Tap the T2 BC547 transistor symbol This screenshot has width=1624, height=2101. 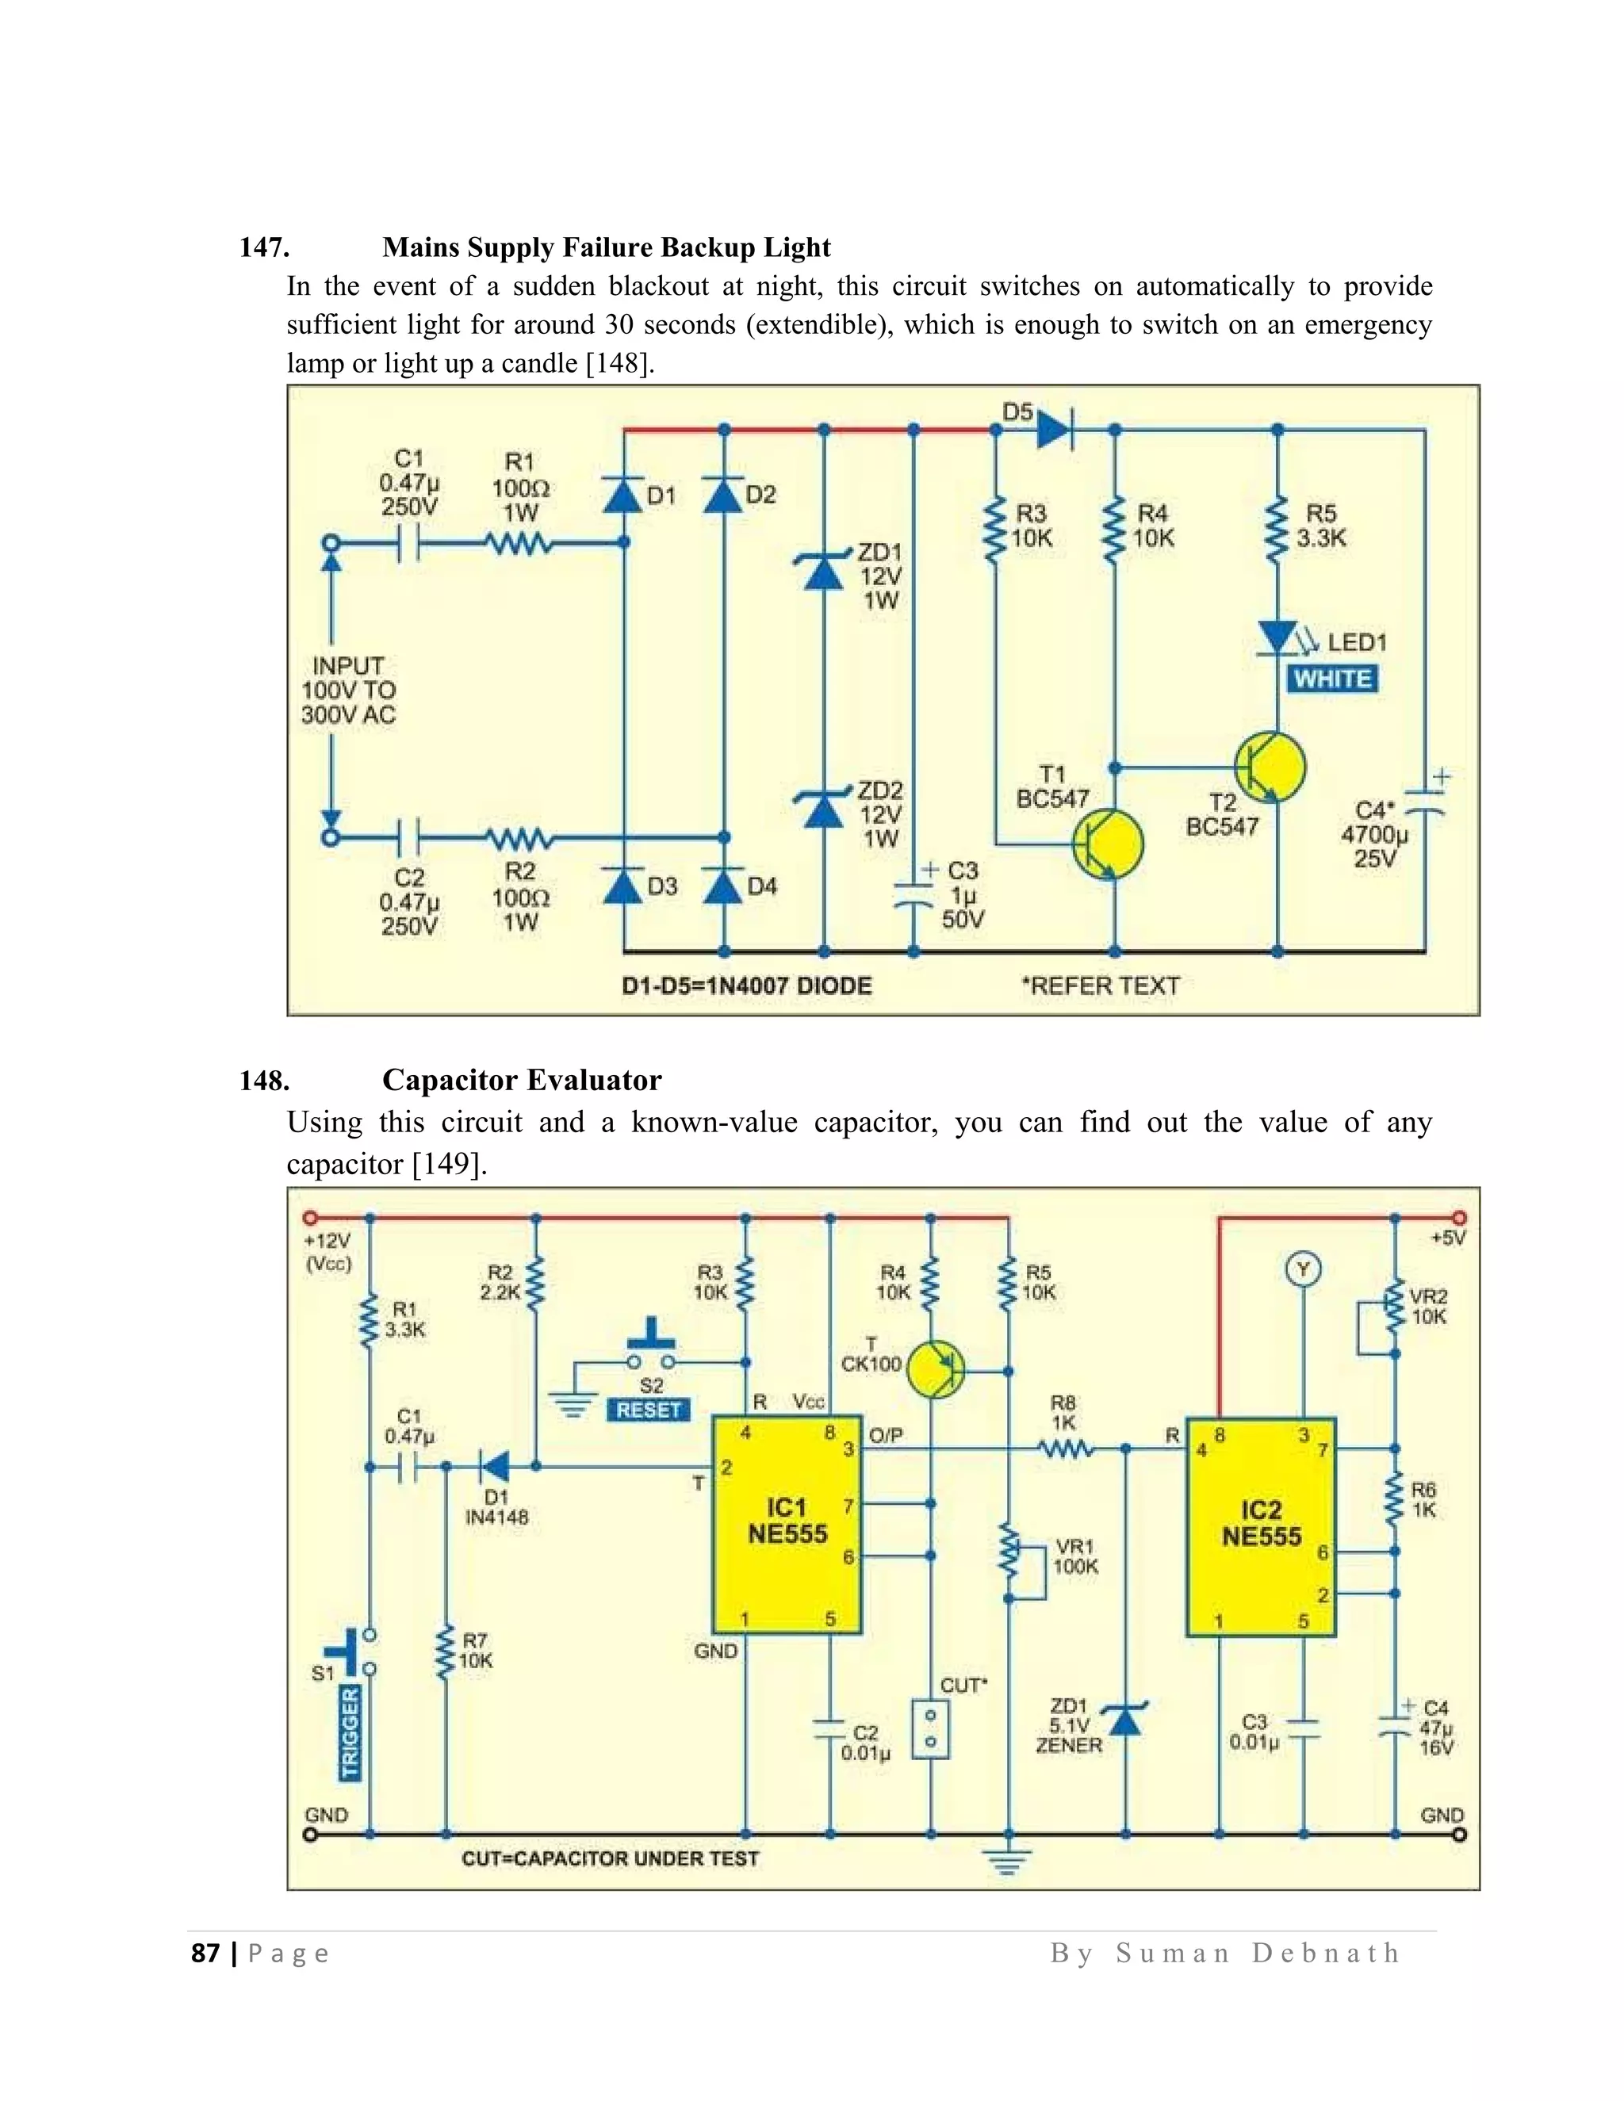pos(1270,767)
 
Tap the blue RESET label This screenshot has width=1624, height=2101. pos(649,1410)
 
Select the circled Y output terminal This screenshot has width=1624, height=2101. pos(1303,1270)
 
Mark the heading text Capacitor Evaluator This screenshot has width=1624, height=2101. pos(522,1081)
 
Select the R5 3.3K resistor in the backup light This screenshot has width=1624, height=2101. pos(1277,528)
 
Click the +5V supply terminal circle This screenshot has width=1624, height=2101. pos(1460,1218)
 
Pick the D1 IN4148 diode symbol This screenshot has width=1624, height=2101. pos(495,1466)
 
